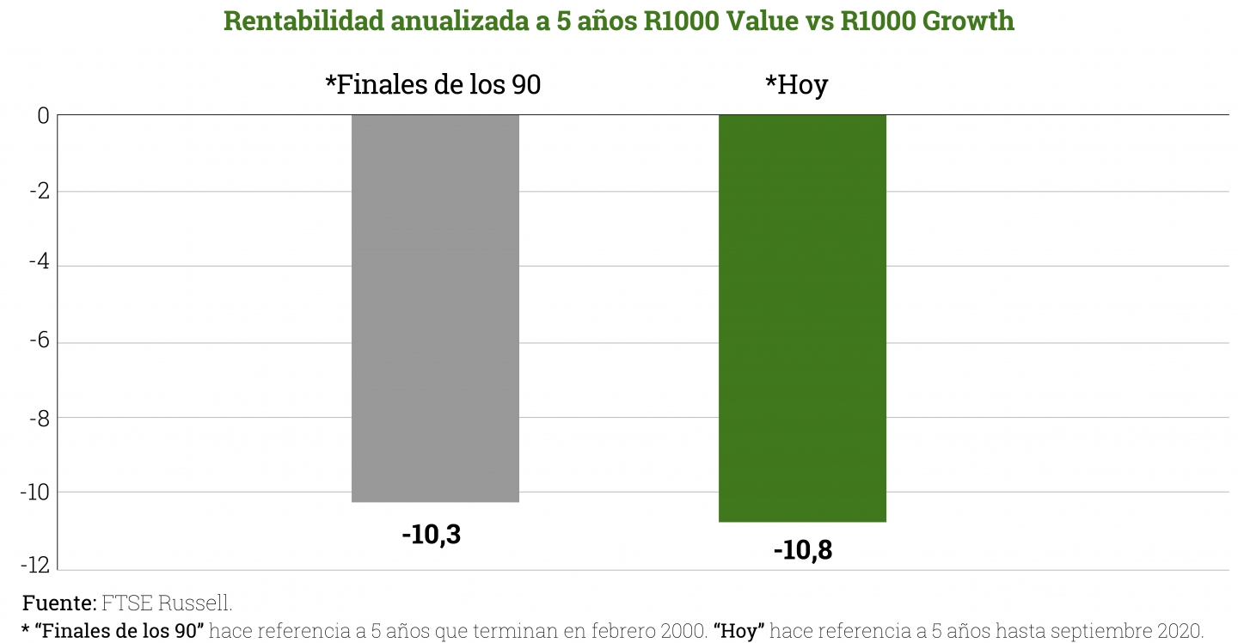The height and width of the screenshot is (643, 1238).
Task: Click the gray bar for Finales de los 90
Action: tap(435, 308)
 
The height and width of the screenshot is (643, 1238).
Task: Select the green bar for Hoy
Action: tap(802, 318)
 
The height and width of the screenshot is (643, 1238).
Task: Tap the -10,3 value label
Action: tap(431, 535)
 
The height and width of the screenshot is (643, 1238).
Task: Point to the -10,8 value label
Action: tap(802, 550)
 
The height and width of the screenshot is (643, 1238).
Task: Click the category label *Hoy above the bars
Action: tap(796, 85)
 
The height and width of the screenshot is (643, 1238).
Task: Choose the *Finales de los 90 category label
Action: tap(432, 85)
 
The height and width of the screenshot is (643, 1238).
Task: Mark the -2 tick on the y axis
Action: tap(39, 191)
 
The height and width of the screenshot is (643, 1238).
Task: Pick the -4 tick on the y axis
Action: tap(39, 266)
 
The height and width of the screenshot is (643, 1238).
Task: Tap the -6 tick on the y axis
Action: tap(39, 341)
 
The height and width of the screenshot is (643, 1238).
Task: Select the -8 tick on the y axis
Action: tap(39, 417)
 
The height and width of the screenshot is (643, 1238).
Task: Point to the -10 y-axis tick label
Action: tap(35, 492)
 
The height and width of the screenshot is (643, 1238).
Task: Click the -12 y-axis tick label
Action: tap(35, 567)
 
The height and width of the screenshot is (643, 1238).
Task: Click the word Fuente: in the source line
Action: tap(59, 603)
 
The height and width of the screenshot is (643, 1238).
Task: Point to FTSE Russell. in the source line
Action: tap(167, 603)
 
